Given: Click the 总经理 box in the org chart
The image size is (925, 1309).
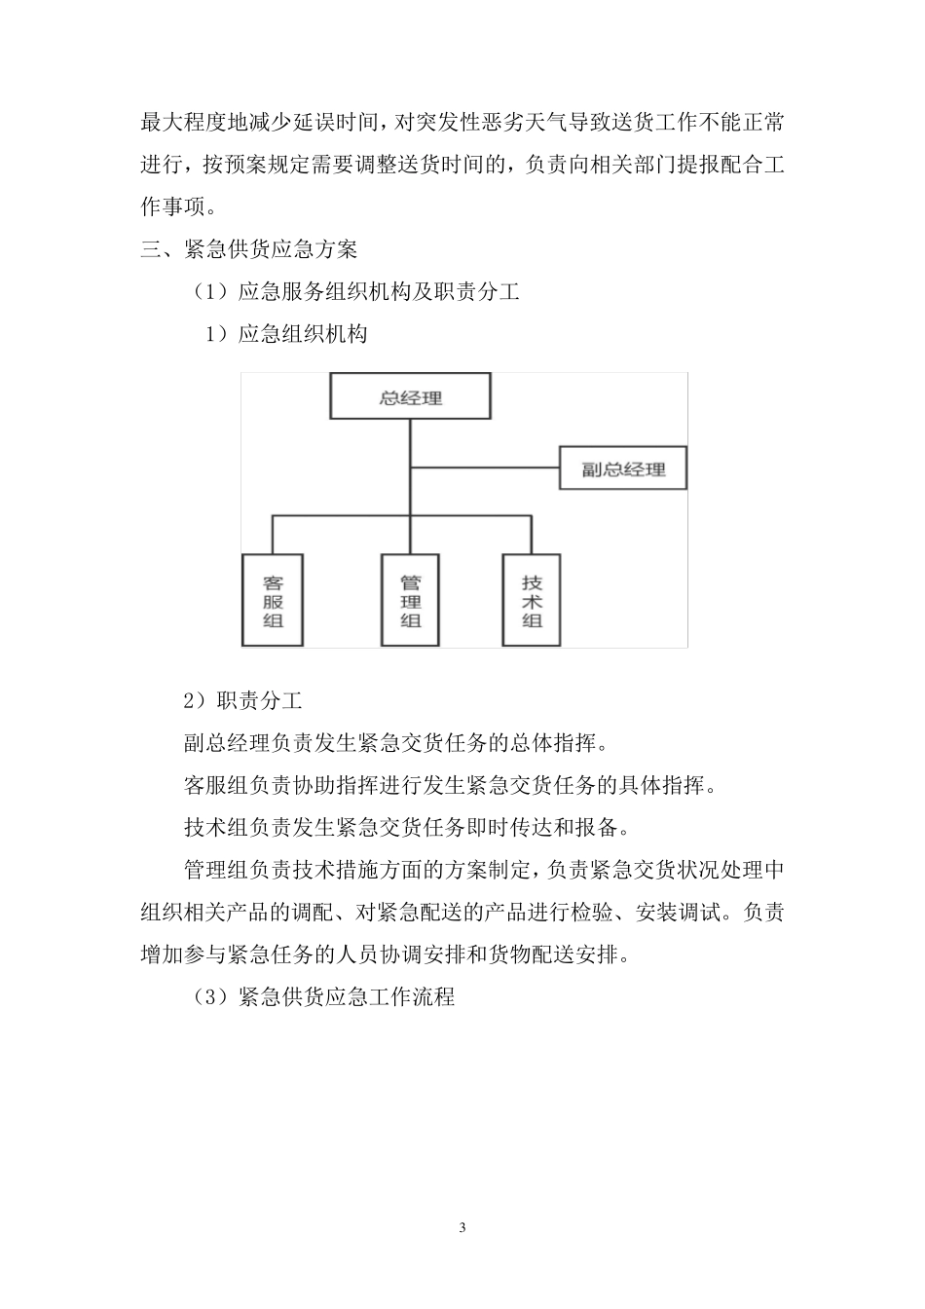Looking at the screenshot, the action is [410, 397].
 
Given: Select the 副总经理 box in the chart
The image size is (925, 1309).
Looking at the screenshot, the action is [623, 468].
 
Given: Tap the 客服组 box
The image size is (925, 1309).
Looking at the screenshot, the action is [273, 601].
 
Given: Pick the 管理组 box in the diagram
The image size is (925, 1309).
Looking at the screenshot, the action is [411, 601].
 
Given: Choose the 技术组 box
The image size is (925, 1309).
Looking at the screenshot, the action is [532, 601].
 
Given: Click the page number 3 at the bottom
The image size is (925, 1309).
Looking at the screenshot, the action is [462, 1227].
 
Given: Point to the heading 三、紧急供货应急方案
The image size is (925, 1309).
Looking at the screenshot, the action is [249, 249].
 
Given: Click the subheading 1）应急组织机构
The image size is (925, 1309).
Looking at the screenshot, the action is [285, 334].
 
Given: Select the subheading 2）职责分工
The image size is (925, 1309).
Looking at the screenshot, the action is [243, 700].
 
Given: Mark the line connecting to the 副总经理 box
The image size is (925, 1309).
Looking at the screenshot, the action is [485, 468].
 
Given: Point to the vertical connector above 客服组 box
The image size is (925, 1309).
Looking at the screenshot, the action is [273, 536].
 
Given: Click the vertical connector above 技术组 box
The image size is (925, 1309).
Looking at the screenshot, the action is [532, 536].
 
